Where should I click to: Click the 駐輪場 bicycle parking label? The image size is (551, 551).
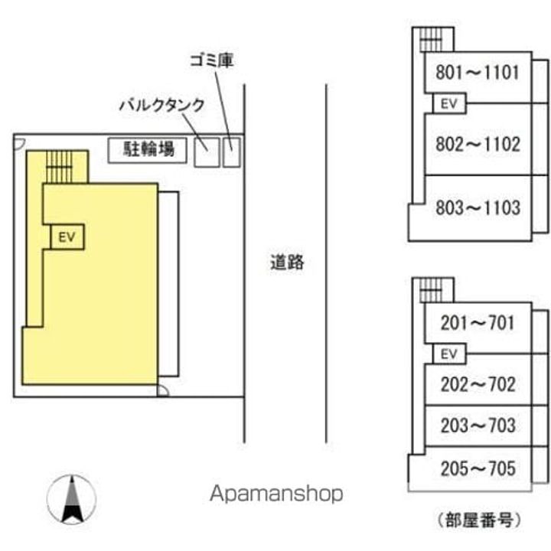tap(150, 148)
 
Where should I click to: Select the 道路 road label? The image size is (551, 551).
tap(287, 262)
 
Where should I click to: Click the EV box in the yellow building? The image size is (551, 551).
tap(67, 237)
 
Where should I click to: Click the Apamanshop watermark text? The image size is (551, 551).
tap(277, 494)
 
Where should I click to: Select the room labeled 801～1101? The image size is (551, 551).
tap(478, 73)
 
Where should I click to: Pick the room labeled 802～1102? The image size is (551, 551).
tap(478, 144)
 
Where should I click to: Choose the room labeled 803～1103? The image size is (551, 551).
tap(478, 207)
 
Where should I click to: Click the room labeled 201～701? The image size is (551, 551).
tap(478, 323)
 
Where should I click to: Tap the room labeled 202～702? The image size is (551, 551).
tap(478, 384)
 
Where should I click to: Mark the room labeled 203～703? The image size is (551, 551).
tap(478, 425)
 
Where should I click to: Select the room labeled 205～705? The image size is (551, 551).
tap(478, 468)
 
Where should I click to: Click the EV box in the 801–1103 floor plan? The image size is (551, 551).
tap(448, 103)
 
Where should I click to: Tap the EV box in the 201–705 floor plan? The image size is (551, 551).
tap(449, 354)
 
